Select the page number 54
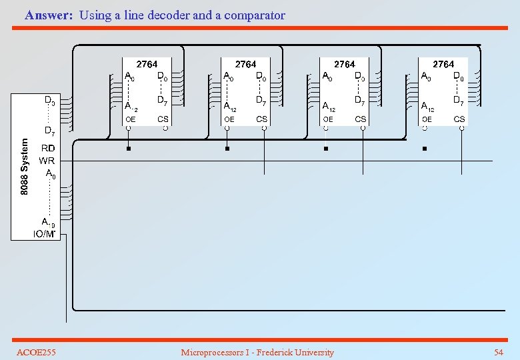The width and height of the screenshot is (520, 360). point(498,352)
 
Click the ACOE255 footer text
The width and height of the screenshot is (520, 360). point(36,352)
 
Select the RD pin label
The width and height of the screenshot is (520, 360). point(48,148)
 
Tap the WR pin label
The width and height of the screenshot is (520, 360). point(47,161)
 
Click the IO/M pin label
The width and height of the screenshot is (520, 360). point(45,233)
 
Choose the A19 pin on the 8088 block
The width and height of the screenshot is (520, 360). point(47,221)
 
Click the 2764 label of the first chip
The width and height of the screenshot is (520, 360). point(147,64)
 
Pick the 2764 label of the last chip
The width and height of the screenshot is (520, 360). point(443,64)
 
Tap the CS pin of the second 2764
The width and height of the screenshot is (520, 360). point(262,119)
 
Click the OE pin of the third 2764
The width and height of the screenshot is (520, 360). point(328,119)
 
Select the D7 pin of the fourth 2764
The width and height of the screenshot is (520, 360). point(459,101)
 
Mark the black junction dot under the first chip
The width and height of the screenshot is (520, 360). point(129,149)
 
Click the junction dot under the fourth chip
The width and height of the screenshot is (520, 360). point(425,149)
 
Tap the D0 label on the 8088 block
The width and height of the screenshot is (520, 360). point(49,100)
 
